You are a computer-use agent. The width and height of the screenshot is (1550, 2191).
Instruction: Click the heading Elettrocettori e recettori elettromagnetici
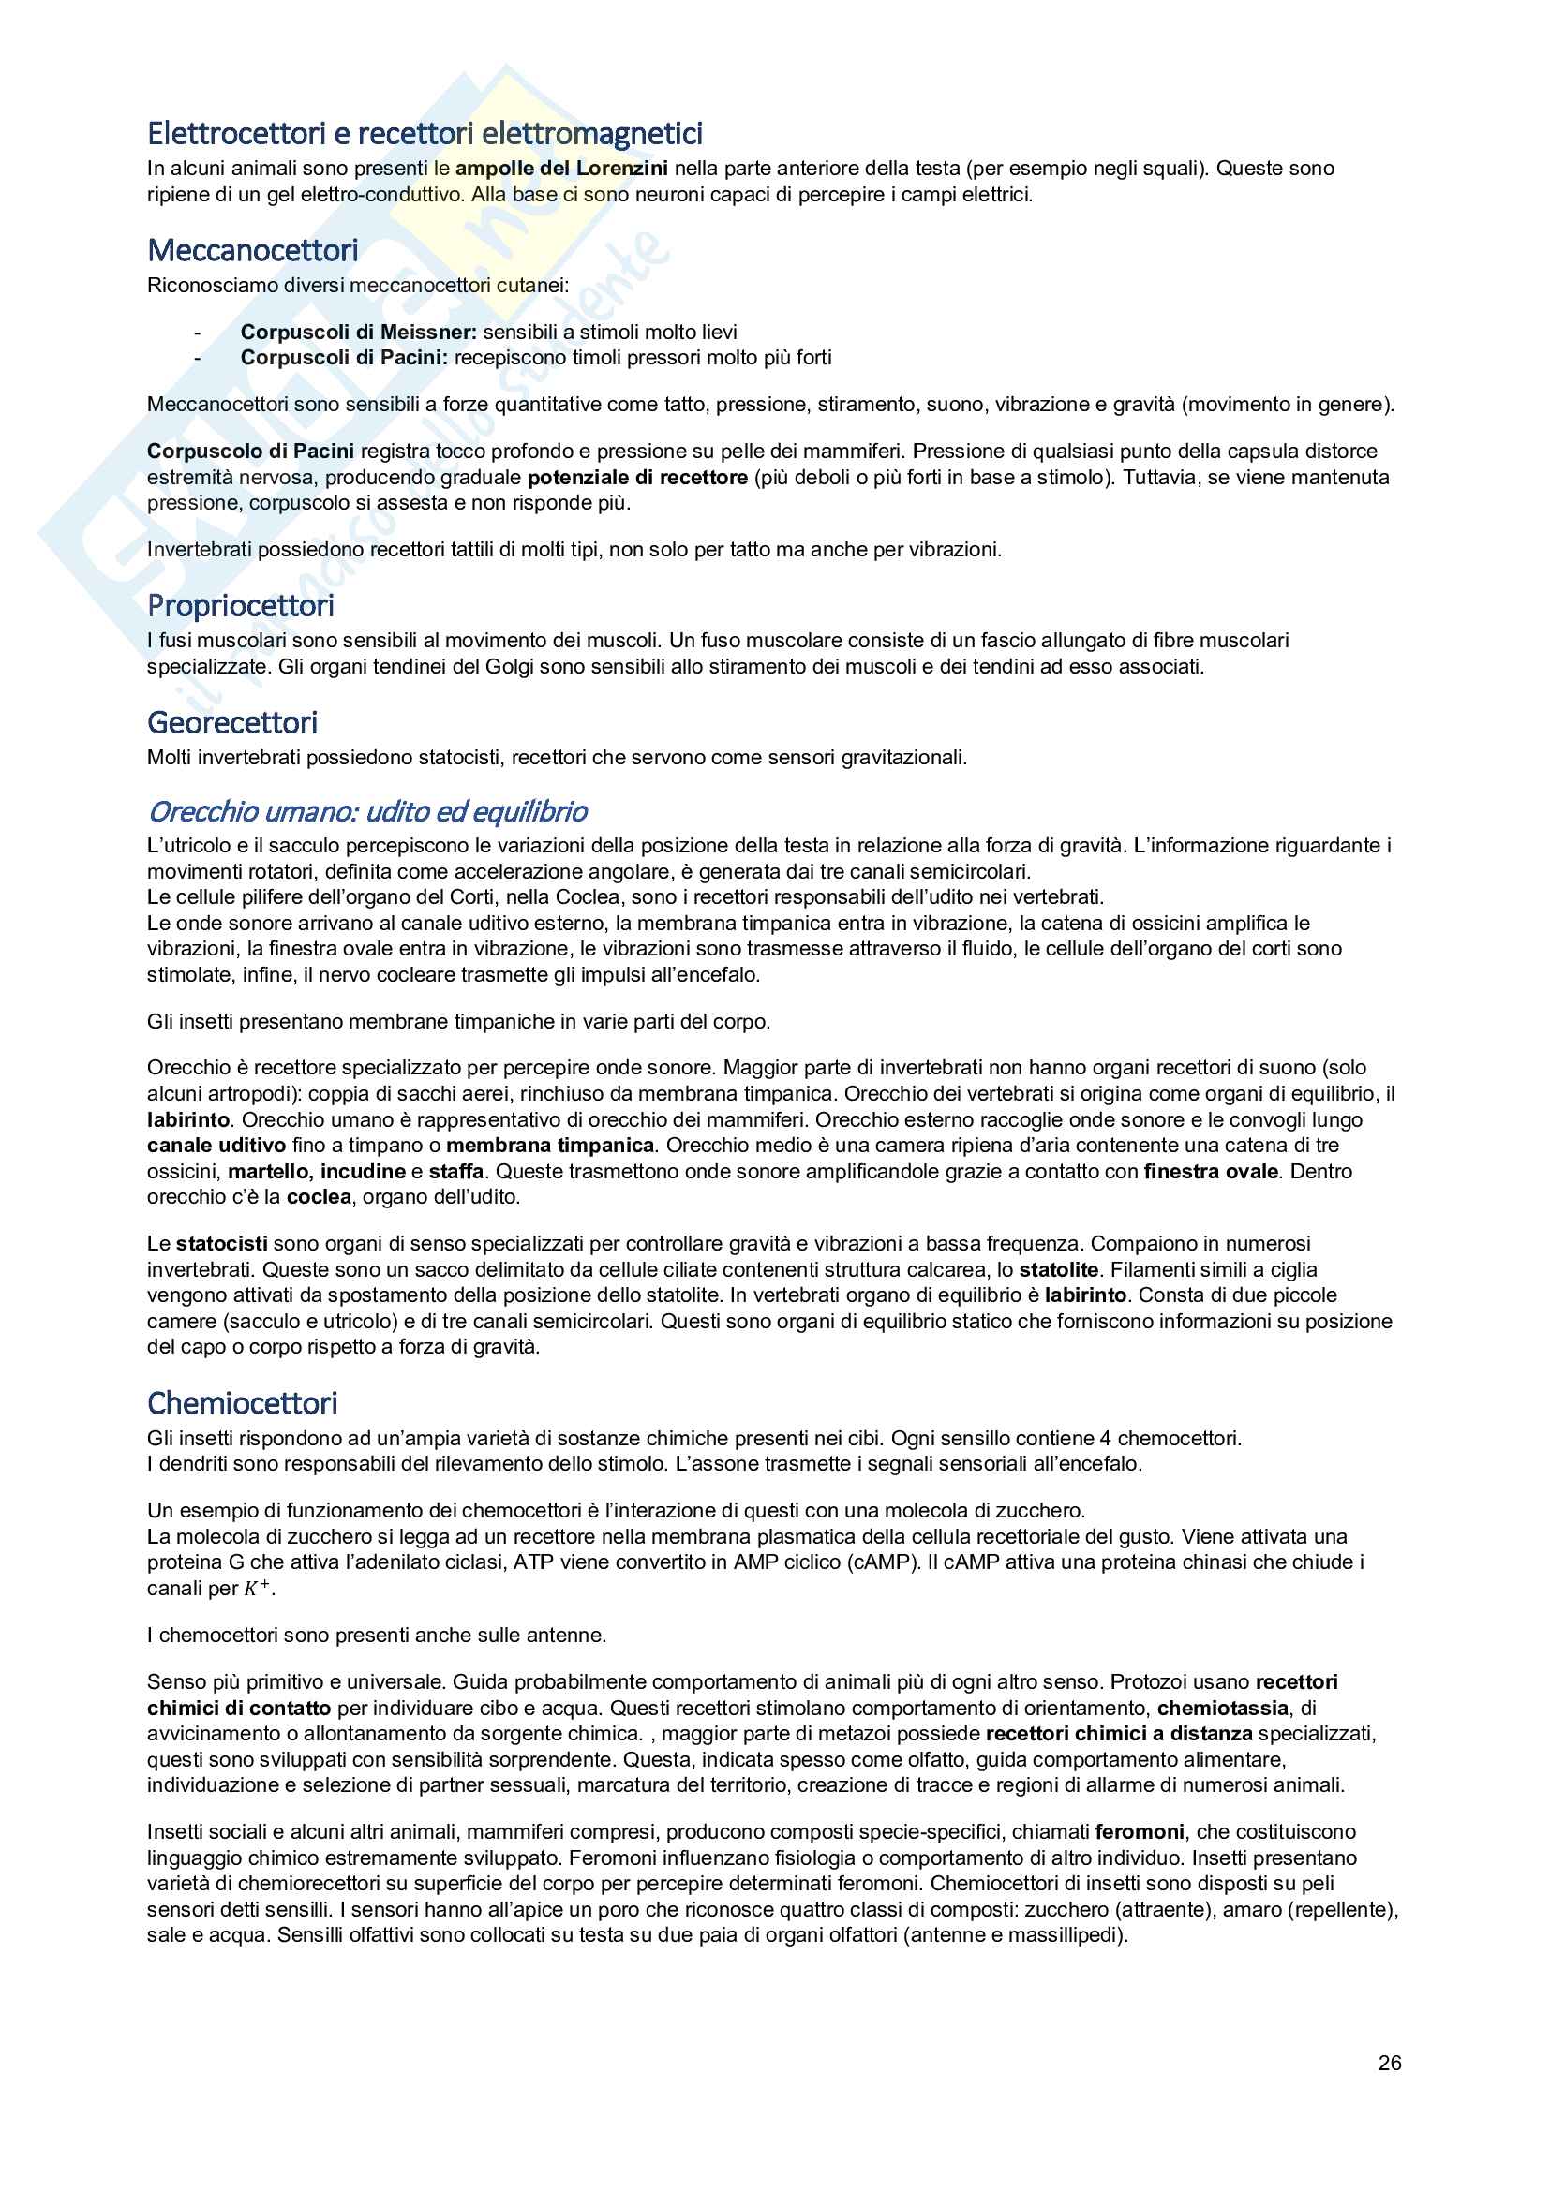pos(425,134)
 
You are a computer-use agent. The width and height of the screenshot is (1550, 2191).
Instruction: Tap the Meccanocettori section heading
pos(253,251)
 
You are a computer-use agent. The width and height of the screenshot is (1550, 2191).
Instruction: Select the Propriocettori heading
pos(241,606)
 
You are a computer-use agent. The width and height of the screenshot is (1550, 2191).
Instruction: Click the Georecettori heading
pos(231,723)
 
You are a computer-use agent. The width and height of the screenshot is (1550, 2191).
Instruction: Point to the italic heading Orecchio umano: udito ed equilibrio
pos(367,812)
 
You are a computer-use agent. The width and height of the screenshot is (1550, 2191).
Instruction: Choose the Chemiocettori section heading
pos(243,1404)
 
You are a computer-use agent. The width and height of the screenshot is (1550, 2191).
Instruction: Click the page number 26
pos(1390,2063)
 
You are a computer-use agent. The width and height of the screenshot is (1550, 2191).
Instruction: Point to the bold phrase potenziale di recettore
pos(637,477)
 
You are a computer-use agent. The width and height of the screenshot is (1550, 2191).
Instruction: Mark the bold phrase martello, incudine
pos(317,1172)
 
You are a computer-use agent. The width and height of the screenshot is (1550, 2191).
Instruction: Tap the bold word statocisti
pos(221,1244)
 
